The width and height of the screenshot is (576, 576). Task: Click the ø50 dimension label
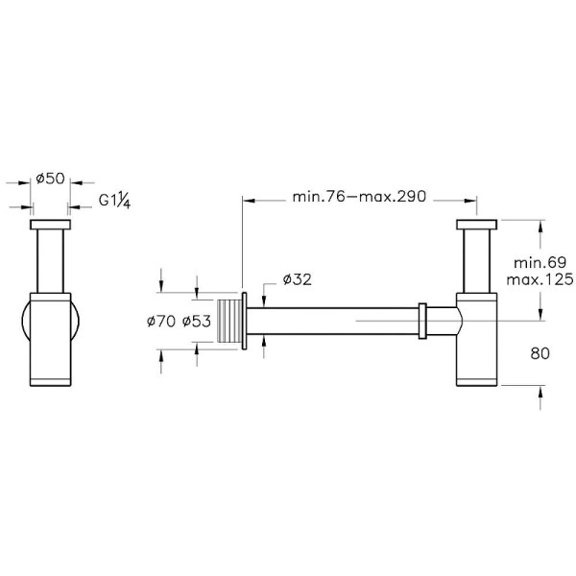pyautogui.click(x=50, y=179)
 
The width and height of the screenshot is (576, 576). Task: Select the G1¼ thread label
pyautogui.click(x=116, y=202)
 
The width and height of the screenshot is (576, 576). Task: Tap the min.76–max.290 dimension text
pyautogui.click(x=359, y=199)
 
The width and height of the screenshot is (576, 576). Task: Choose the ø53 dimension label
pyautogui.click(x=196, y=323)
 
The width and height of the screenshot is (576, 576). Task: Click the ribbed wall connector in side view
pyautogui.click(x=230, y=321)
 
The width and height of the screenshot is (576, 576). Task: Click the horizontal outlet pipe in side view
pyautogui.click(x=336, y=321)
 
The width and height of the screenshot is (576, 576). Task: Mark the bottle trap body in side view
pyautogui.click(x=476, y=341)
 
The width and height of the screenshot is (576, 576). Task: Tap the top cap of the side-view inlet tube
pyautogui.click(x=476, y=226)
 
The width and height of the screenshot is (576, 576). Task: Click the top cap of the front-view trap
pyautogui.click(x=50, y=226)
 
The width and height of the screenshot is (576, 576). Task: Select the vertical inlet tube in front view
pyautogui.click(x=50, y=259)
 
